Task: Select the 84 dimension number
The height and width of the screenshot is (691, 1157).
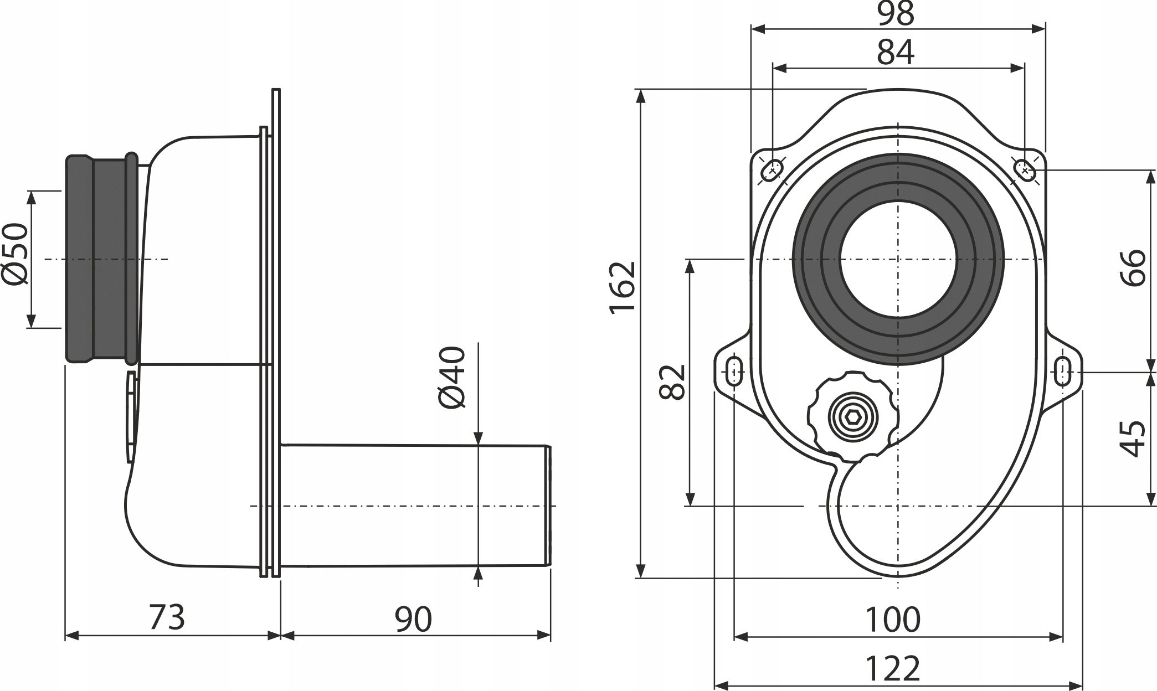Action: pos(896,52)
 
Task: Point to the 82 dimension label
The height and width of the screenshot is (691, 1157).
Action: pos(672,381)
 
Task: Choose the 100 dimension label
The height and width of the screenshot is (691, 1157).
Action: pos(893,620)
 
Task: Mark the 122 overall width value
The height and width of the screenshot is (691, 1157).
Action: pos(893,669)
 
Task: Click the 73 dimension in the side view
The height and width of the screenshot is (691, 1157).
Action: pos(167,617)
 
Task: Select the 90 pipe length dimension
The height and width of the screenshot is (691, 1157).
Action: pos(413,620)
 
